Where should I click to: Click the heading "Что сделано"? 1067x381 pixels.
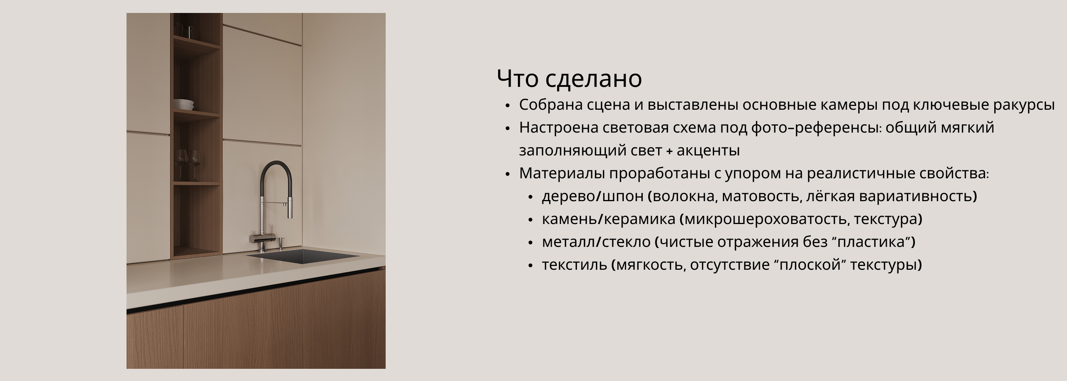pyautogui.click(x=569, y=78)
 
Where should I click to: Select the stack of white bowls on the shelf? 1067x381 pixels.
pyautogui.click(x=184, y=104)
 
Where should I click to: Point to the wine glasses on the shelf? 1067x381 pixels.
pyautogui.click(x=188, y=165)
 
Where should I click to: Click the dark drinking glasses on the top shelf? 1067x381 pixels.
pyautogui.click(x=184, y=30)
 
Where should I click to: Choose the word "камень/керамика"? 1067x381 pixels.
pyautogui.click(x=609, y=219)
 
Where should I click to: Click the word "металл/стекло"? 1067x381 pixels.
pyautogui.click(x=596, y=242)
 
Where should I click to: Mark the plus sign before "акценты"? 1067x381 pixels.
pyautogui.click(x=670, y=152)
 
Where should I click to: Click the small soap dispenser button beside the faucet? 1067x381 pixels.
pyautogui.click(x=281, y=242)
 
